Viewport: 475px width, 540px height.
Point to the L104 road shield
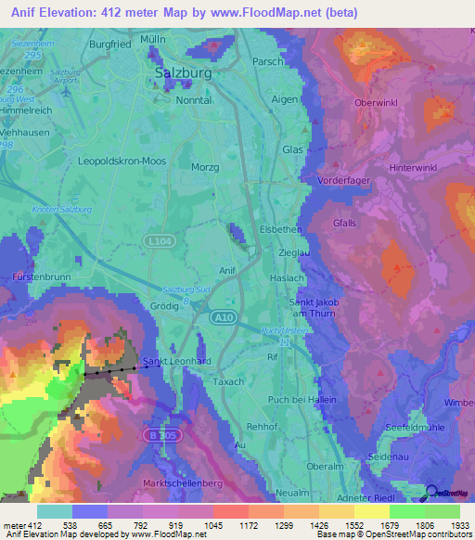(x=156, y=240)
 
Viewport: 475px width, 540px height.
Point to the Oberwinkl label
(x=376, y=102)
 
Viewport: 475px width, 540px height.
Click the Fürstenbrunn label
(x=28, y=277)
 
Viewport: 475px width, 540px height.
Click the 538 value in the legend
(x=54, y=525)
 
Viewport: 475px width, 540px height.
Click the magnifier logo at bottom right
(x=433, y=494)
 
